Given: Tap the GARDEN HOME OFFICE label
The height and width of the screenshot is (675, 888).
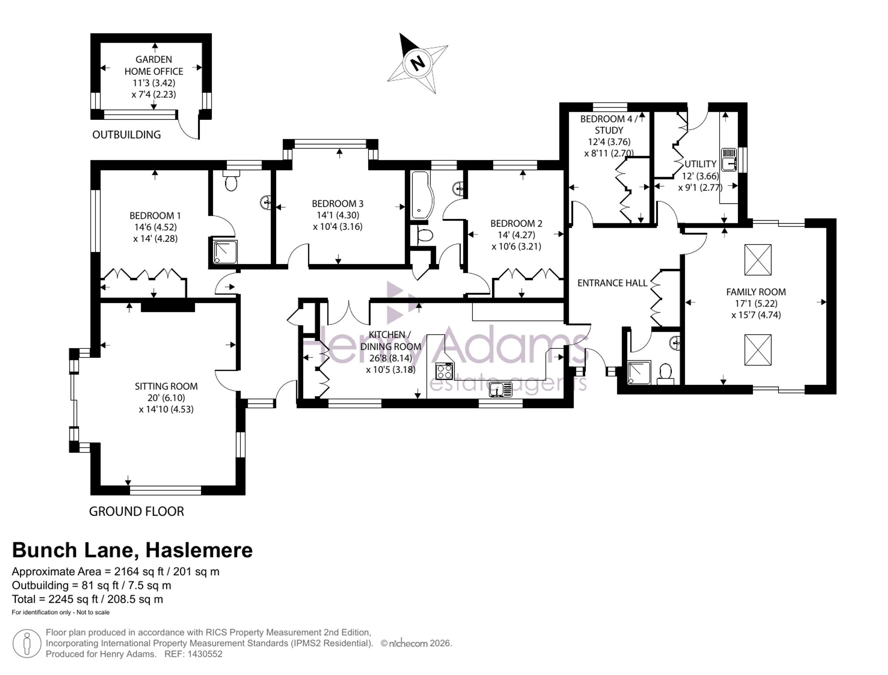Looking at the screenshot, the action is coord(154,65).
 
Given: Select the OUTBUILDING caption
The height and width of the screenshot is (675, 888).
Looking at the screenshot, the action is coord(127,134).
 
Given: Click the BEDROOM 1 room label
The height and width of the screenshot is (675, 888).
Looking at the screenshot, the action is coord(155,216).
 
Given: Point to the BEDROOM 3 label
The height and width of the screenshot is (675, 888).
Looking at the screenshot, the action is coord(337,204).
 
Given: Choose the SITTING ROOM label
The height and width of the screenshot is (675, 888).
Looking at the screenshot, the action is coord(166,386).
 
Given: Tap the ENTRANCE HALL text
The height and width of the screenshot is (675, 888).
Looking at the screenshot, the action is coord(612,283).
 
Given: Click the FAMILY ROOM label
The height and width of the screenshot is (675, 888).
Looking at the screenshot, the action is coord(756,292).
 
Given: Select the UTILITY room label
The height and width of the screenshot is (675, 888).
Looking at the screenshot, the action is coord(701,164).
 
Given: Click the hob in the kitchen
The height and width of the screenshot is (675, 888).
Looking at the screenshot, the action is coord(444,371).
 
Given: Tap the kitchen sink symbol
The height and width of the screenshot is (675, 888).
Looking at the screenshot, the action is coord(500,389).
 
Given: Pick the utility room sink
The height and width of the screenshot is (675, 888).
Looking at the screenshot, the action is coord(729,160).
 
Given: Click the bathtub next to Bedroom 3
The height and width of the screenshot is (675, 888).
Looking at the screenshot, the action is coord(420,195).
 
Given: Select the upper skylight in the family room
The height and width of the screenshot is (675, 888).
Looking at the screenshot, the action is coord(758,260).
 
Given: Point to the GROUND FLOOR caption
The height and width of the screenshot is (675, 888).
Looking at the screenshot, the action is coord(136,511).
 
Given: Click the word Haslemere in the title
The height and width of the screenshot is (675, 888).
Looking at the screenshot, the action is coord(199,550).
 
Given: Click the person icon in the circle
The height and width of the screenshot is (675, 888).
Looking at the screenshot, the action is coord(27,643).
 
